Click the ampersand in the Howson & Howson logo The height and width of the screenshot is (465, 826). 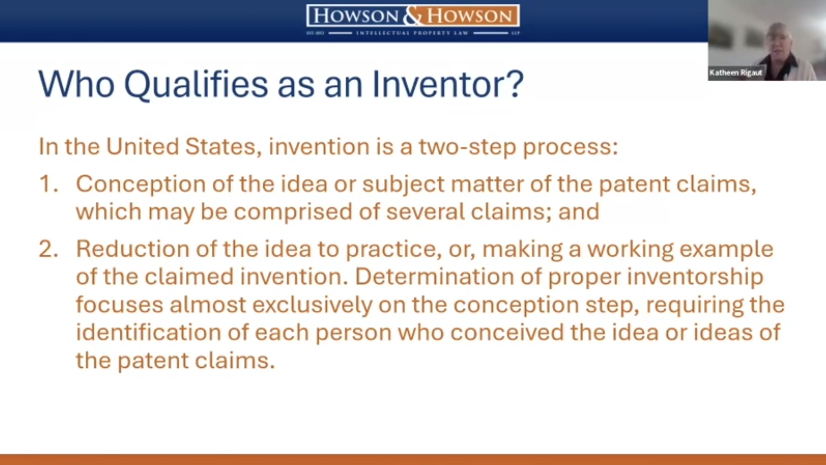tap(413, 16)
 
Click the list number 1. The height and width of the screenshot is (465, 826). tap(48, 184)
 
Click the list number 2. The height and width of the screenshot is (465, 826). tap(48, 249)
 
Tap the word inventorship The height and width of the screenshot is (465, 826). tap(695, 277)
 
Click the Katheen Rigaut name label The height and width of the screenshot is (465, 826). tap(736, 73)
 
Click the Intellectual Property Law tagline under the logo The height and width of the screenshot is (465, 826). tap(413, 33)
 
